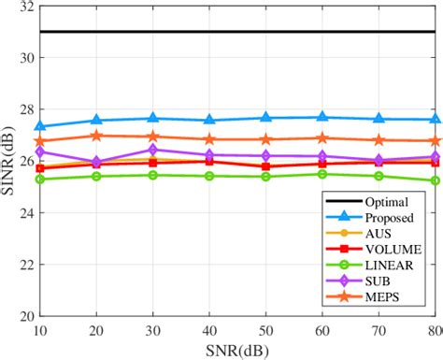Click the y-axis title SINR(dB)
(x=9, y=160)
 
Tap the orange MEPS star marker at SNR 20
(x=96, y=136)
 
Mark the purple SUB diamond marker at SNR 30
(x=153, y=150)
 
